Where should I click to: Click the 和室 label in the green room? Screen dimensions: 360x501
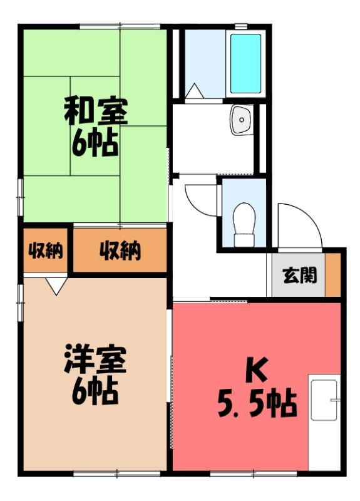tap(96, 112)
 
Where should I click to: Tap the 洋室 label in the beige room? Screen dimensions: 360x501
tap(96, 359)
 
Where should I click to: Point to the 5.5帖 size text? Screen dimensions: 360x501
tap(257, 403)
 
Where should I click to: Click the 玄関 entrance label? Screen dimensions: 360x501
tap(300, 276)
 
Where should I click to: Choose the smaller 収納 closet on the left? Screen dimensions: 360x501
tap(45, 251)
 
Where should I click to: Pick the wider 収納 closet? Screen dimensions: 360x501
tap(120, 251)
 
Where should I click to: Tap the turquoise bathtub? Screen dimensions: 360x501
tap(245, 64)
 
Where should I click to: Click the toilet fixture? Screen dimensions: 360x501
tap(244, 225)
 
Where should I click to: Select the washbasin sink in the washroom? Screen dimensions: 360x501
tap(242, 120)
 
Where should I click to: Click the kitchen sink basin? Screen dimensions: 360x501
tap(324, 400)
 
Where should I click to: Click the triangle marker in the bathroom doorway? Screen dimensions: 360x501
tap(195, 91)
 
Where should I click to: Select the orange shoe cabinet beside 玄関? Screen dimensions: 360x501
tap(332, 275)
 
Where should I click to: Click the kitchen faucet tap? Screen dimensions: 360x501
tap(335, 400)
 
